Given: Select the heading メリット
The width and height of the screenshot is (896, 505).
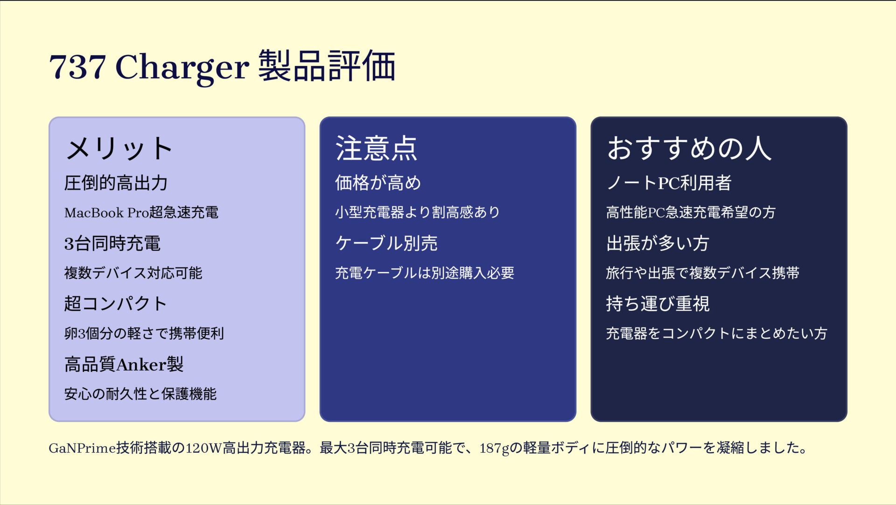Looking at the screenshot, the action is coord(119,148).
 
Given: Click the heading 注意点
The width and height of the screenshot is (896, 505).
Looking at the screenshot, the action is coord(376,148).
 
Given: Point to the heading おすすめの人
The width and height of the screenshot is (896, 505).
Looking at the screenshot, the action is coord(689,148).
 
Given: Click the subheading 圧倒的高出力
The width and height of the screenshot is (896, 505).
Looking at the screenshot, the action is coord(116,183).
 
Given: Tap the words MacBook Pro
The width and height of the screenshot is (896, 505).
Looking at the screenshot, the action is coord(107,213).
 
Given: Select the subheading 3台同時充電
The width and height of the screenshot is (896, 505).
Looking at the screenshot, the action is coord(112,244).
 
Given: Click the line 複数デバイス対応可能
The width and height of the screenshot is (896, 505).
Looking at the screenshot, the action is coord(133,273).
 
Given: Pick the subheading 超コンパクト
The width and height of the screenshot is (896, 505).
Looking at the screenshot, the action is coord(116,304).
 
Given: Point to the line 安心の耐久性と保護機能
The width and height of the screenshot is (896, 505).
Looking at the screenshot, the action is coord(140,394).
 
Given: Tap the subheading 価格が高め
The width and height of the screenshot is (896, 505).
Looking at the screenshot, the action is coord(378,183).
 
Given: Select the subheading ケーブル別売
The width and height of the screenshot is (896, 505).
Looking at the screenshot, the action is coord(386,244).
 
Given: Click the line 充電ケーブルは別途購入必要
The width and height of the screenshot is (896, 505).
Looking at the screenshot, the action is coord(425,273).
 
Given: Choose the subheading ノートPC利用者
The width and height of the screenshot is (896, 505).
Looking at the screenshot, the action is coord(669,183).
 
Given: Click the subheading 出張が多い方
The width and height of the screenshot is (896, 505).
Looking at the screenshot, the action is coord(658,244).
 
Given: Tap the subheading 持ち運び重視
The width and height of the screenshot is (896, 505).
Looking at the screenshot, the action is coord(658,304).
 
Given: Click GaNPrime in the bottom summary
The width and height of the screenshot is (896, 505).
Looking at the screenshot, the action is coord(83,448).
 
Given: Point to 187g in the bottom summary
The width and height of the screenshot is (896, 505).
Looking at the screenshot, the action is coord(494,449).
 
